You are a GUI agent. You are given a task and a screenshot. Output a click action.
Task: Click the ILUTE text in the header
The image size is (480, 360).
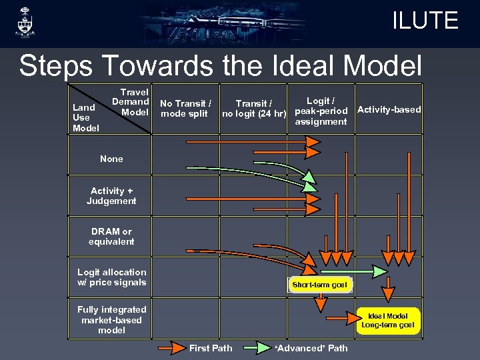[425, 20]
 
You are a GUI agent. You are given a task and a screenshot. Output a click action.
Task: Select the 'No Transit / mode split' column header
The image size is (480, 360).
[185, 108]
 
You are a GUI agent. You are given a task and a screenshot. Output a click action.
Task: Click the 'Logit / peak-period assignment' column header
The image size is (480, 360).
[321, 111]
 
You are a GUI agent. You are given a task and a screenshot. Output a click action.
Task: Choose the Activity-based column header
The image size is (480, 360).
[389, 109]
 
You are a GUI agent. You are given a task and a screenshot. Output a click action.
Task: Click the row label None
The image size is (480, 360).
[111, 159]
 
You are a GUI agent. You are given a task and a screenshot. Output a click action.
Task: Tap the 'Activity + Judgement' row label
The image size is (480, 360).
[111, 195]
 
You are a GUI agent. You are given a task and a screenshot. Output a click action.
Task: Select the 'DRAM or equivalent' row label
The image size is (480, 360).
[111, 236]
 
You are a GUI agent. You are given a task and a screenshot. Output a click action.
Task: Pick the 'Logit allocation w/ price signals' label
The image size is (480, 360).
[111, 277]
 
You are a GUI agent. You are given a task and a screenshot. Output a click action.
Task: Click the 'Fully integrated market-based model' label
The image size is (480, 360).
[111, 319]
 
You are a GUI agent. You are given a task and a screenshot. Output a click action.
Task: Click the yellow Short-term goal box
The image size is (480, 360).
[319, 285]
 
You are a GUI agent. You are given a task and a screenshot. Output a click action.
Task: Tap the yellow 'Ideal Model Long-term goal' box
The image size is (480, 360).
[388, 320]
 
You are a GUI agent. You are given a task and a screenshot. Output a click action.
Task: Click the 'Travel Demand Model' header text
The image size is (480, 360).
[131, 102]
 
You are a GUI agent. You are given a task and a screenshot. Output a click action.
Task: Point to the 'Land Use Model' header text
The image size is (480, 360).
[85, 117]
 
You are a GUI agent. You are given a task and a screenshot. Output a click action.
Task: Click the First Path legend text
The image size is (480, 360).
[211, 348]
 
